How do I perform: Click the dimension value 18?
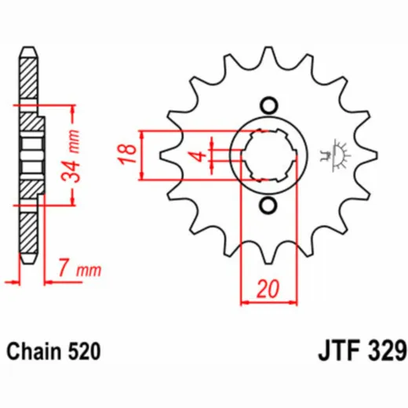click(128, 155)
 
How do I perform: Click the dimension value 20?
click(268, 290)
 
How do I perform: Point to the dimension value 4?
click(201, 156)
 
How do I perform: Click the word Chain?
click(34, 351)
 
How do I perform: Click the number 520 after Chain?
click(84, 352)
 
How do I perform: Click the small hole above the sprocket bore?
click(269, 105)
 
